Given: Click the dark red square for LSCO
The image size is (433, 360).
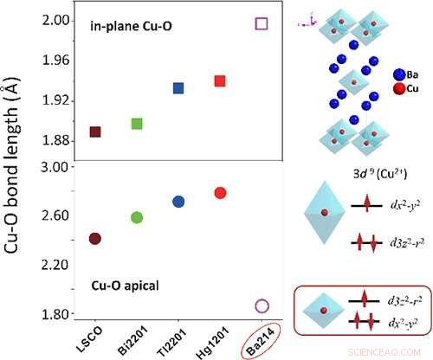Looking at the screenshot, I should (x=95, y=132).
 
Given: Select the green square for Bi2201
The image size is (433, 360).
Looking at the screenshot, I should (x=137, y=123).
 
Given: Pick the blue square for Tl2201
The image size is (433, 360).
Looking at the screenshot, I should (x=178, y=88).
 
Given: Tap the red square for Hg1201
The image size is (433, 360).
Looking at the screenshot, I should (x=220, y=80).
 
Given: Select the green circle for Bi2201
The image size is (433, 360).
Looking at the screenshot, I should (x=137, y=217).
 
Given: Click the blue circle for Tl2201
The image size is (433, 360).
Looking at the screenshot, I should (x=178, y=202).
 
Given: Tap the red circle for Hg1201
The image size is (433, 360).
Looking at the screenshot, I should (x=220, y=192).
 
